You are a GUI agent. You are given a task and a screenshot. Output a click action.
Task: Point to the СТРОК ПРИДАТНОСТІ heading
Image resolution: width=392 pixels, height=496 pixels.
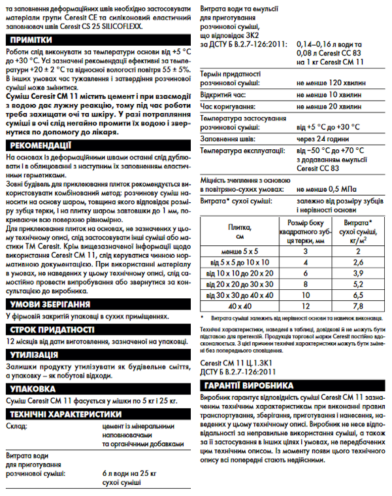click(x=50, y=329)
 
